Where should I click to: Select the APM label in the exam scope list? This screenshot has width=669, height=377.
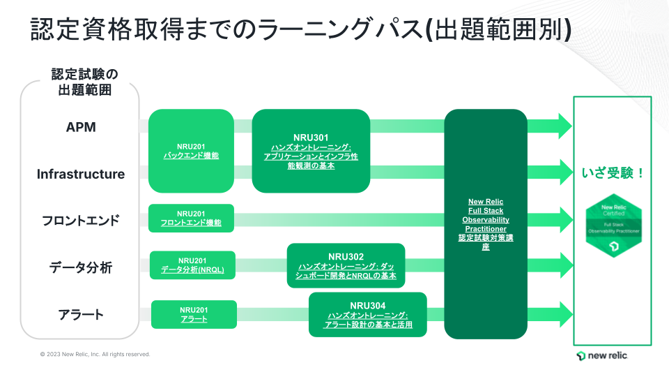pos(81,127)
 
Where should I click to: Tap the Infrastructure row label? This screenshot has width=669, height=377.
pos(81,174)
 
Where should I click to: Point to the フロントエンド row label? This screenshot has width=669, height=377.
pos(81,221)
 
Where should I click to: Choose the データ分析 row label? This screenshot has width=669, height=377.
pos(81,267)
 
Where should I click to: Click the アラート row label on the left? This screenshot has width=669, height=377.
pos(81,314)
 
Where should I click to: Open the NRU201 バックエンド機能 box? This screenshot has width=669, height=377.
pos(191,151)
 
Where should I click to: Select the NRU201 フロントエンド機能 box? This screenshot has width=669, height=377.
pos(191,219)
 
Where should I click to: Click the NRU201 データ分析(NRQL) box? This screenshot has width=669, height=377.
pos(192,265)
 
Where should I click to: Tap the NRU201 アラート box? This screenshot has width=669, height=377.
pos(194,314)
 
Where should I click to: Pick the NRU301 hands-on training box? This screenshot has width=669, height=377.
pos(311,151)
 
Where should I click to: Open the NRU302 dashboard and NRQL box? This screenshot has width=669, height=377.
pos(346,265)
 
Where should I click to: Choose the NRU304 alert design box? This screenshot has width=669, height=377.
pos(368,315)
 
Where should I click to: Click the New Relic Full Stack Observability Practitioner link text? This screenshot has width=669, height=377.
pos(486,215)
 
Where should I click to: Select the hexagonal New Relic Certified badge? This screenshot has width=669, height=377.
pos(613,227)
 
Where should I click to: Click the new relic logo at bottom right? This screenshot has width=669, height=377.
pos(602,356)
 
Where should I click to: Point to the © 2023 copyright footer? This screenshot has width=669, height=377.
pos(95,354)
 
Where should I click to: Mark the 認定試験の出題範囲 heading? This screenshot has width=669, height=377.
pos(84,81)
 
